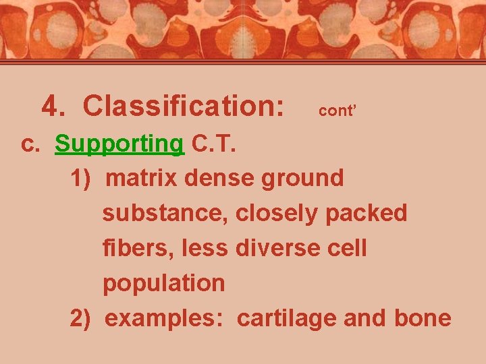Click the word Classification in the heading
pyautogui.click(x=183, y=107)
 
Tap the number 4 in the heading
pyautogui.click(x=49, y=107)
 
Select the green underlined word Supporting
pyautogui.click(x=119, y=144)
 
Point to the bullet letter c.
pyautogui.click(x=31, y=144)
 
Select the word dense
pyautogui.click(x=219, y=179)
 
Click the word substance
pyautogui.click(x=166, y=214)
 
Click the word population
pyautogui.click(x=163, y=284)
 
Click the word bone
pyautogui.click(x=423, y=318)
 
